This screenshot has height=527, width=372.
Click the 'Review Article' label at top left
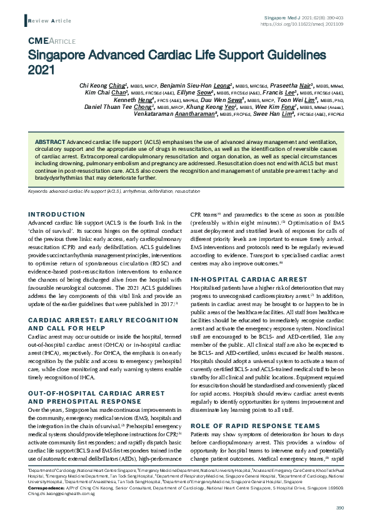tap(49, 21)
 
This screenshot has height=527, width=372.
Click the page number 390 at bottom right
tap(340, 508)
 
